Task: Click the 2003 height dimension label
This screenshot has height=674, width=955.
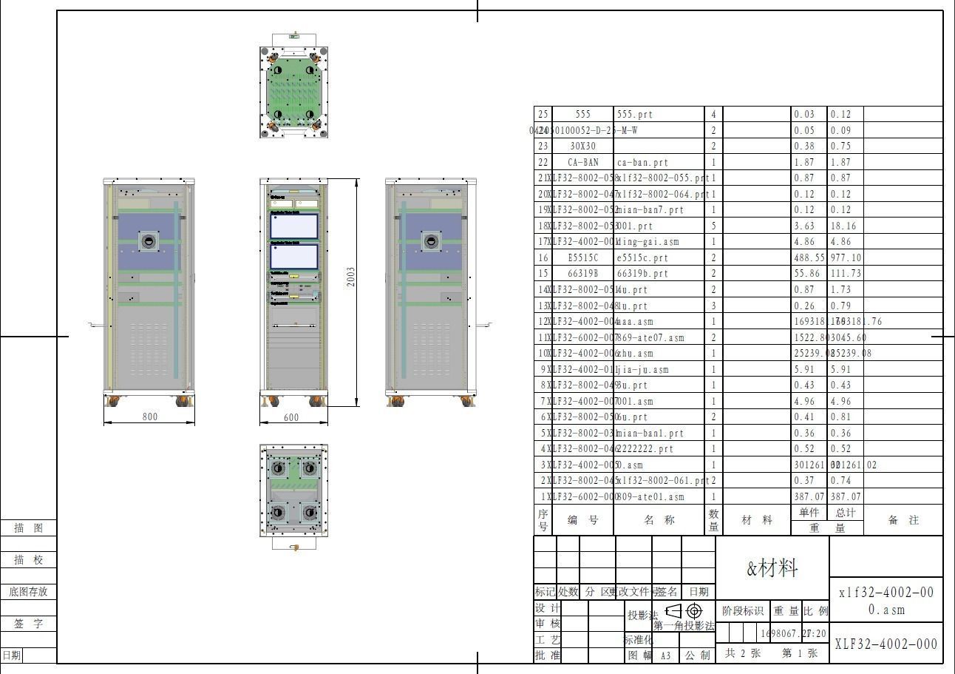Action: pyautogui.click(x=351, y=277)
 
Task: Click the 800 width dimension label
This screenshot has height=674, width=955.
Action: pyautogui.click(x=149, y=417)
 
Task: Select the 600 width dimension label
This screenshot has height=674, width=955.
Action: pyautogui.click(x=291, y=417)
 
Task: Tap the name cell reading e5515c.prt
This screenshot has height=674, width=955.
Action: pyautogui.click(x=642, y=258)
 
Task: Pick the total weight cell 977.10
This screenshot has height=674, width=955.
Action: pyautogui.click(x=846, y=258)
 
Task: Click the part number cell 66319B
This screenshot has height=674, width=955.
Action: pyautogui.click(x=582, y=274)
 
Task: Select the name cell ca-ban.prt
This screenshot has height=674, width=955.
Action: pyautogui.click(x=642, y=162)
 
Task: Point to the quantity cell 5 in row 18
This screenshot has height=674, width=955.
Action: pyautogui.click(x=713, y=226)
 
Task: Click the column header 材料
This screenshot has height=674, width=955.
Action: pyautogui.click(x=757, y=520)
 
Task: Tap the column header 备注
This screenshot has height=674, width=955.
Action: pyautogui.click(x=903, y=520)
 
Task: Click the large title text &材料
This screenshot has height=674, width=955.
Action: pyautogui.click(x=772, y=568)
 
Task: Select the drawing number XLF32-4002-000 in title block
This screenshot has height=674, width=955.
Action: pyautogui.click(x=886, y=644)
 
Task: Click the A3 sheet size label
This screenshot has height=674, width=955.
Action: pyautogui.click(x=665, y=655)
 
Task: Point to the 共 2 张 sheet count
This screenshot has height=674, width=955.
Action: pyautogui.click(x=742, y=653)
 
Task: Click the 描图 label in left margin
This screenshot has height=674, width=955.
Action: pyautogui.click(x=28, y=528)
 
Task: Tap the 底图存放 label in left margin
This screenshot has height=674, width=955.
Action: pyautogui.click(x=28, y=592)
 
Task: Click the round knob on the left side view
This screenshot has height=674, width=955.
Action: pyautogui.click(x=149, y=240)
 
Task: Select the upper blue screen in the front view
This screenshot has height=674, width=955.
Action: pyautogui.click(x=293, y=226)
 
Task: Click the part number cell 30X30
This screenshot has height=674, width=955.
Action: pyautogui.click(x=582, y=146)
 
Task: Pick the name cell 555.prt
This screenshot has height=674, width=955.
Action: pyautogui.click(x=635, y=115)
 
